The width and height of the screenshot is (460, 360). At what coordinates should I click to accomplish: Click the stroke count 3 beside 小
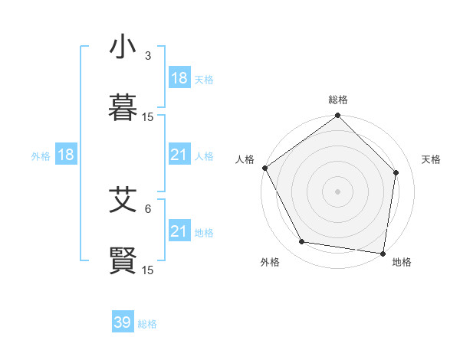point(148,56)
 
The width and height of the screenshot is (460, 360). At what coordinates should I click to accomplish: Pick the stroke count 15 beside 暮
point(148,117)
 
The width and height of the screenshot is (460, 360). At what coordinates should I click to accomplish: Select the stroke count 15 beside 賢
point(148,270)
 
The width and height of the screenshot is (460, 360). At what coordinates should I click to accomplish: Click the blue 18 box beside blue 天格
point(179,78)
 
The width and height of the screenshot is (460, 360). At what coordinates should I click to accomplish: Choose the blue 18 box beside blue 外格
point(66,155)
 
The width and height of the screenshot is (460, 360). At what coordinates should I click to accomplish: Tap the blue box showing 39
point(123,322)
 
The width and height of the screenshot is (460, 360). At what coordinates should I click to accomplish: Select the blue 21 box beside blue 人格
point(179,155)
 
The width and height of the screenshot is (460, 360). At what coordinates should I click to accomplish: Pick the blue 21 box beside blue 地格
point(179,231)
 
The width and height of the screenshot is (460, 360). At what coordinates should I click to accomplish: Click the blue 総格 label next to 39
point(147,324)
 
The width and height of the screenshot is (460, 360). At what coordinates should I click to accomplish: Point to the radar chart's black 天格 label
point(431,159)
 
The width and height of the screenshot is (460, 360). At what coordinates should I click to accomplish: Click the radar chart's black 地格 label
point(402,262)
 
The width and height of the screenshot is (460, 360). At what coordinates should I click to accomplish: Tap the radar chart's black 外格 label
point(270,262)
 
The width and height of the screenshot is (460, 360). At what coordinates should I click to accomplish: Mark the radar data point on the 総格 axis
point(337,116)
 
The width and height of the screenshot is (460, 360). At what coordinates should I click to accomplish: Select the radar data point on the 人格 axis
point(264,168)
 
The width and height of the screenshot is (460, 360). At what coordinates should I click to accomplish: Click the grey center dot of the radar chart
point(337,191)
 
